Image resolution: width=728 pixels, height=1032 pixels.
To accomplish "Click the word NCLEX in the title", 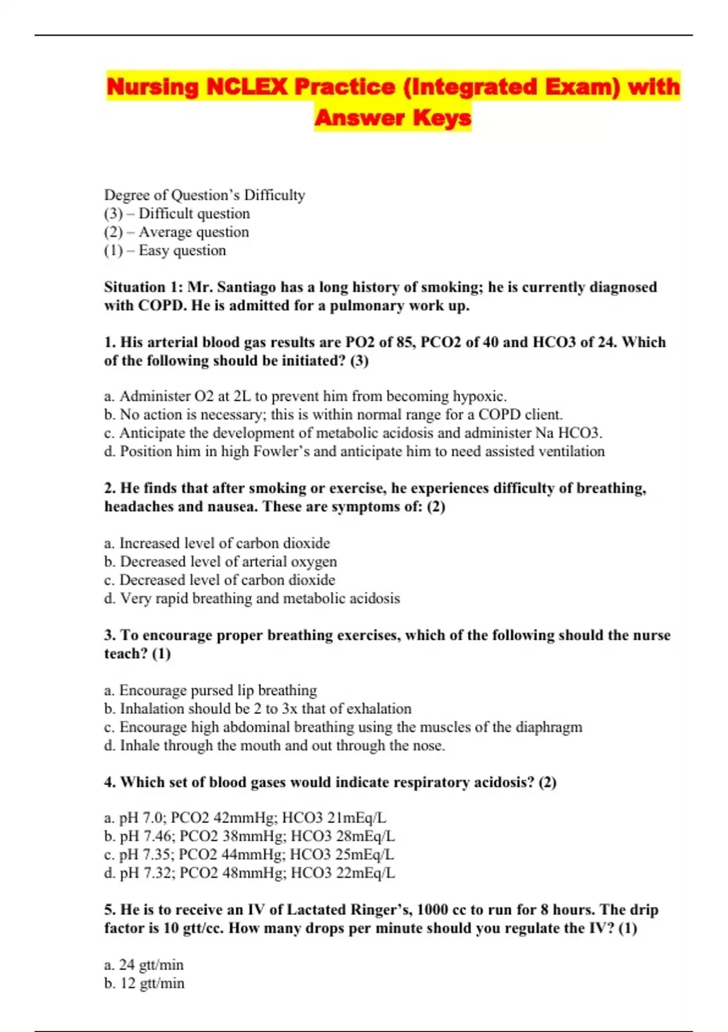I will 246,87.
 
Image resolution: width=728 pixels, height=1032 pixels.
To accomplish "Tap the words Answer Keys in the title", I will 393,118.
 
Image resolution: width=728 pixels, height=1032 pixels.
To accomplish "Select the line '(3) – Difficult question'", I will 177,214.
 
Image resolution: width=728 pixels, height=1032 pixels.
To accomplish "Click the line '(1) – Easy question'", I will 164,251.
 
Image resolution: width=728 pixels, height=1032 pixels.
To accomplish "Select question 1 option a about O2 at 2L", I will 305,396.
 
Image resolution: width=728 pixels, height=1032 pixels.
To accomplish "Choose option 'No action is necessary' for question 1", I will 333,415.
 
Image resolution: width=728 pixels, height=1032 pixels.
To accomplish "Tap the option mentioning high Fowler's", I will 354,452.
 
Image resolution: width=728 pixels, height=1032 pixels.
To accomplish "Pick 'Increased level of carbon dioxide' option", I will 217,543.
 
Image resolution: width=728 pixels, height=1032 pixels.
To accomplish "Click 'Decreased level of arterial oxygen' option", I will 220,562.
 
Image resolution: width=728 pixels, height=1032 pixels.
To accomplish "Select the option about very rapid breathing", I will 252,599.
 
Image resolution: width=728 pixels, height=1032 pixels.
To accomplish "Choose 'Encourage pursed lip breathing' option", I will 211,690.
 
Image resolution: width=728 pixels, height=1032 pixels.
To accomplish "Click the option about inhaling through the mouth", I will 274,745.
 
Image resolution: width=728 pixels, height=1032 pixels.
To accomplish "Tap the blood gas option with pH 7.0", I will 245,818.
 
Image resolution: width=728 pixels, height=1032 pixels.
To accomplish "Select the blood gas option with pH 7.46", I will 249,837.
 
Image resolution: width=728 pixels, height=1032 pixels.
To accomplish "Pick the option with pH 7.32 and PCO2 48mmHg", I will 249,874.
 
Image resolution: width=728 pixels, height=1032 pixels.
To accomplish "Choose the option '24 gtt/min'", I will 144,965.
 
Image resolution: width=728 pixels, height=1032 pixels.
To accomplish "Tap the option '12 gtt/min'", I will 144,983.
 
